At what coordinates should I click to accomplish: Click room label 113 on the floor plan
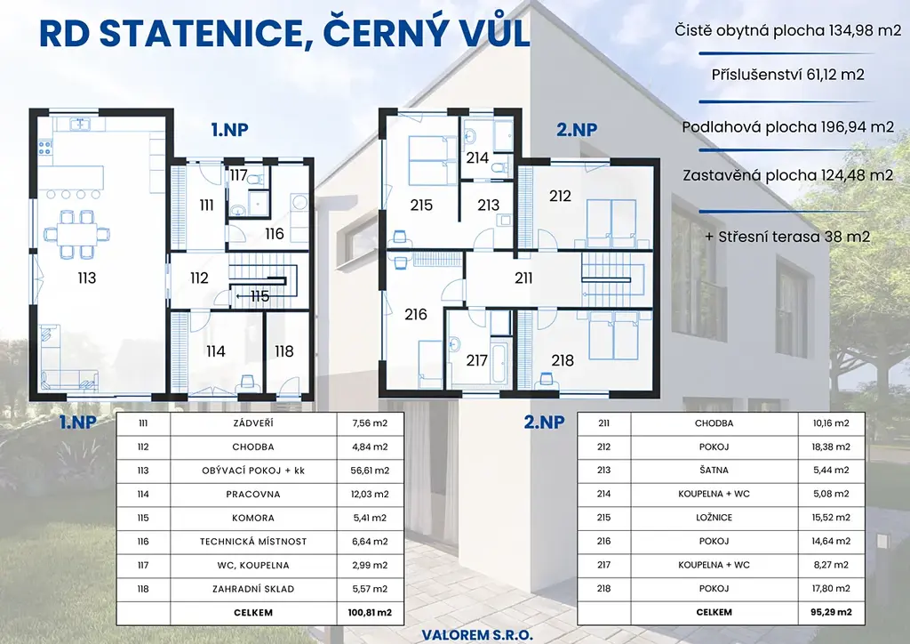86,278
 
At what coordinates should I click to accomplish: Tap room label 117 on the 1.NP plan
238,175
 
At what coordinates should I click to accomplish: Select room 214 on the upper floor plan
477,157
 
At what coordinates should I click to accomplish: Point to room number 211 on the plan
523,278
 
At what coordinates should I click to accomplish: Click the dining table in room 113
76,235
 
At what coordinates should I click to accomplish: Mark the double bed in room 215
433,160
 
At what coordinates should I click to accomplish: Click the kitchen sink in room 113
79,123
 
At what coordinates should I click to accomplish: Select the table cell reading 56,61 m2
371,471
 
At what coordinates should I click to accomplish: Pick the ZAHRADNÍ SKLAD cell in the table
253,589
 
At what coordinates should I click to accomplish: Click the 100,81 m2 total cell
371,613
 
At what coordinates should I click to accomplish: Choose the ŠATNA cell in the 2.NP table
714,471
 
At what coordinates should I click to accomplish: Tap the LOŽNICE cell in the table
714,518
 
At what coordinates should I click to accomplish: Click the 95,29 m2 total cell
831,612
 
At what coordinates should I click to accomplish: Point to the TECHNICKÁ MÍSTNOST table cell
253,542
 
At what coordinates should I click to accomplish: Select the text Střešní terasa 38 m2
794,237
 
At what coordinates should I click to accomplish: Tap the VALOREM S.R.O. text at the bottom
477,635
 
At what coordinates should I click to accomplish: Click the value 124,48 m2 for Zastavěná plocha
857,175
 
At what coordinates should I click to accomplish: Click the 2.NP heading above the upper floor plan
577,129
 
